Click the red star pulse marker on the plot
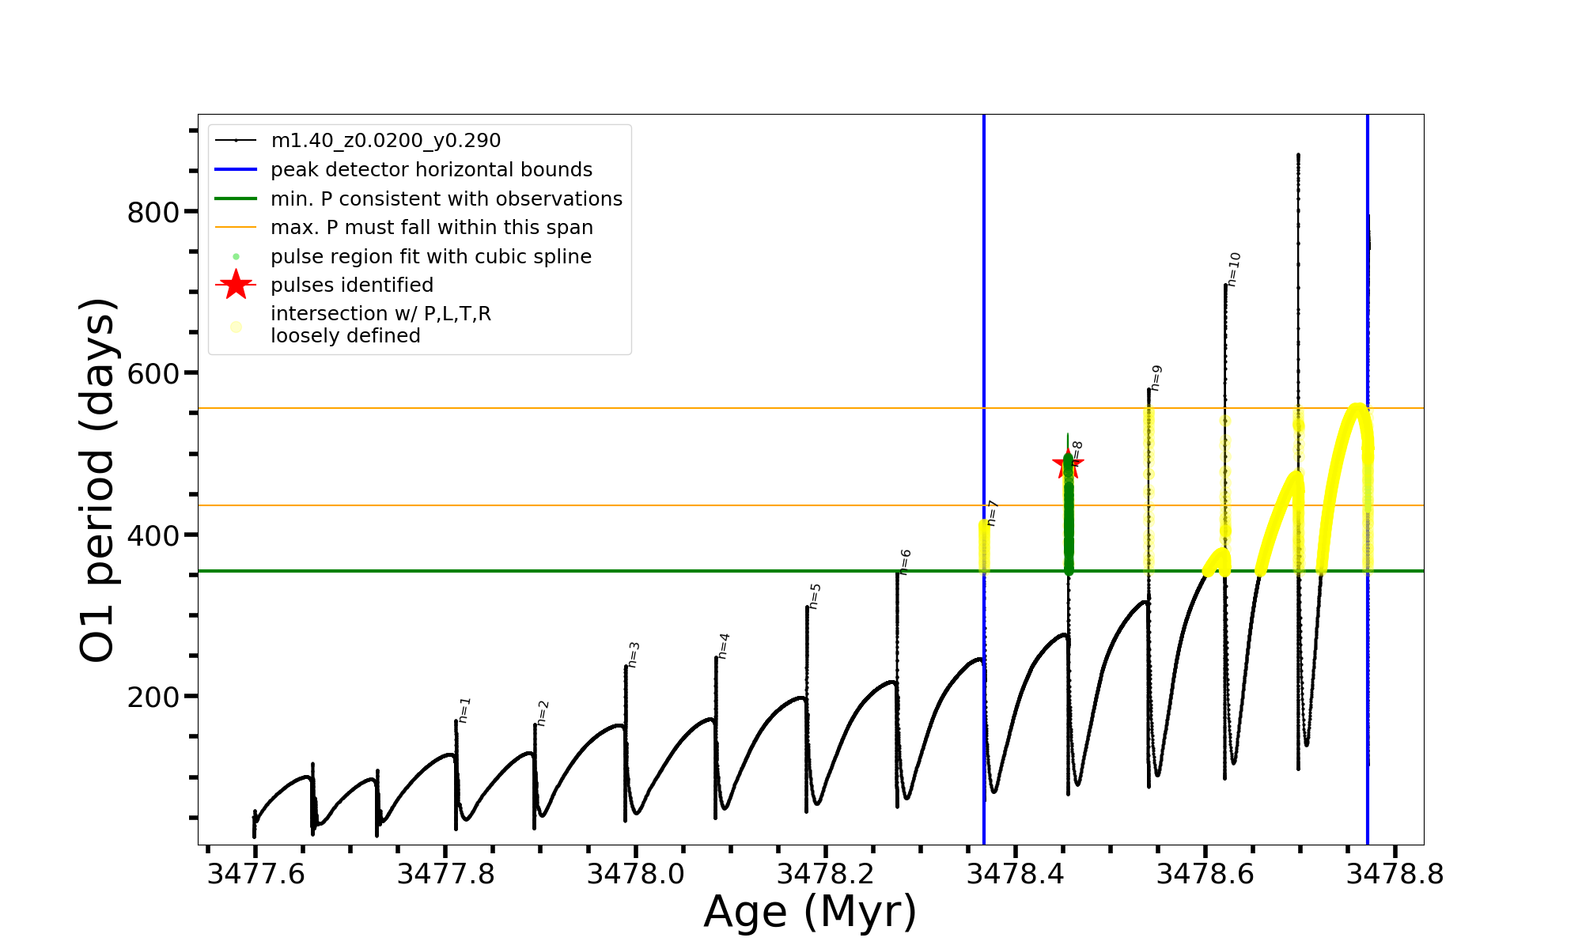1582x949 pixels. coord(1067,464)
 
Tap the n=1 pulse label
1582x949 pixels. coord(464,710)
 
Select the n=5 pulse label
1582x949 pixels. coord(815,596)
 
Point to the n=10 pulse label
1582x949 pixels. coord(1234,270)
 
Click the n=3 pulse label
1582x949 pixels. coord(634,655)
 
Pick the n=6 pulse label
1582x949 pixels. coord(905,561)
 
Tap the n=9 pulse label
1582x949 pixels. coord(1156,378)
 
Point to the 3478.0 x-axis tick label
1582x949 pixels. coord(635,875)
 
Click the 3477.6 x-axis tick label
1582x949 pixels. coord(255,875)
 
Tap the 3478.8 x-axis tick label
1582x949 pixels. coord(1395,875)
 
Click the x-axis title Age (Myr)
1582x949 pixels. coord(810,912)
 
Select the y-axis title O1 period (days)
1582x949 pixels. coord(98,480)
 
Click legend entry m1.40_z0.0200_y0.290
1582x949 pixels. coord(385,141)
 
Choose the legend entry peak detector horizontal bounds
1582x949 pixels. coord(431,170)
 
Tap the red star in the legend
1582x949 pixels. coord(236,285)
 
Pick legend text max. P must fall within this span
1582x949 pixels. coord(431,228)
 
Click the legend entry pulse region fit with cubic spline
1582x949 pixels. coord(430,257)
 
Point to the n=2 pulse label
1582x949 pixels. coord(543,713)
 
